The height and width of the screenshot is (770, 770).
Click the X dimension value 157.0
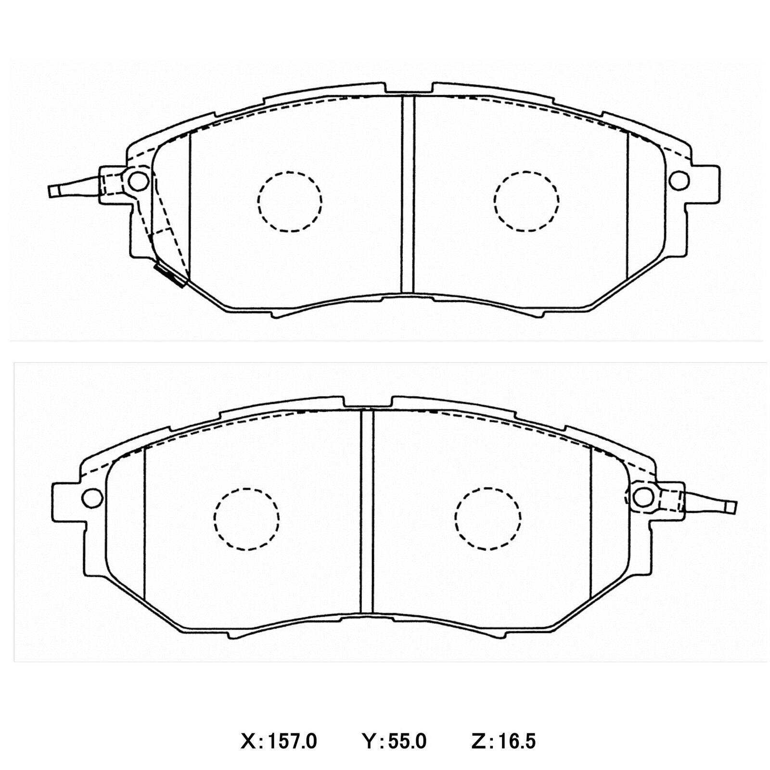(293, 742)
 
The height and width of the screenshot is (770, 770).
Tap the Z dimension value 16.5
(517, 742)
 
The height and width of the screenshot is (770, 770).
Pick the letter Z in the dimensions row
(477, 742)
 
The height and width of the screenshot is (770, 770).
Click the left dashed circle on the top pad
(290, 202)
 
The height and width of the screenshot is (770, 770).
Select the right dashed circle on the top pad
(526, 202)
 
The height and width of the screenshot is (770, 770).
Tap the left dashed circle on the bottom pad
(246, 519)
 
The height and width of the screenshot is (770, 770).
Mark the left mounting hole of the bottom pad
(91, 498)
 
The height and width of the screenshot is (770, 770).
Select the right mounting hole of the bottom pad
(642, 497)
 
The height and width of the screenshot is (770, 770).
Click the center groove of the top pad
(407, 195)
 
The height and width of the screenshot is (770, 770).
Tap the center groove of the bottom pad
(367, 513)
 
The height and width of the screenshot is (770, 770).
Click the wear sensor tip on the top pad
(55, 191)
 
